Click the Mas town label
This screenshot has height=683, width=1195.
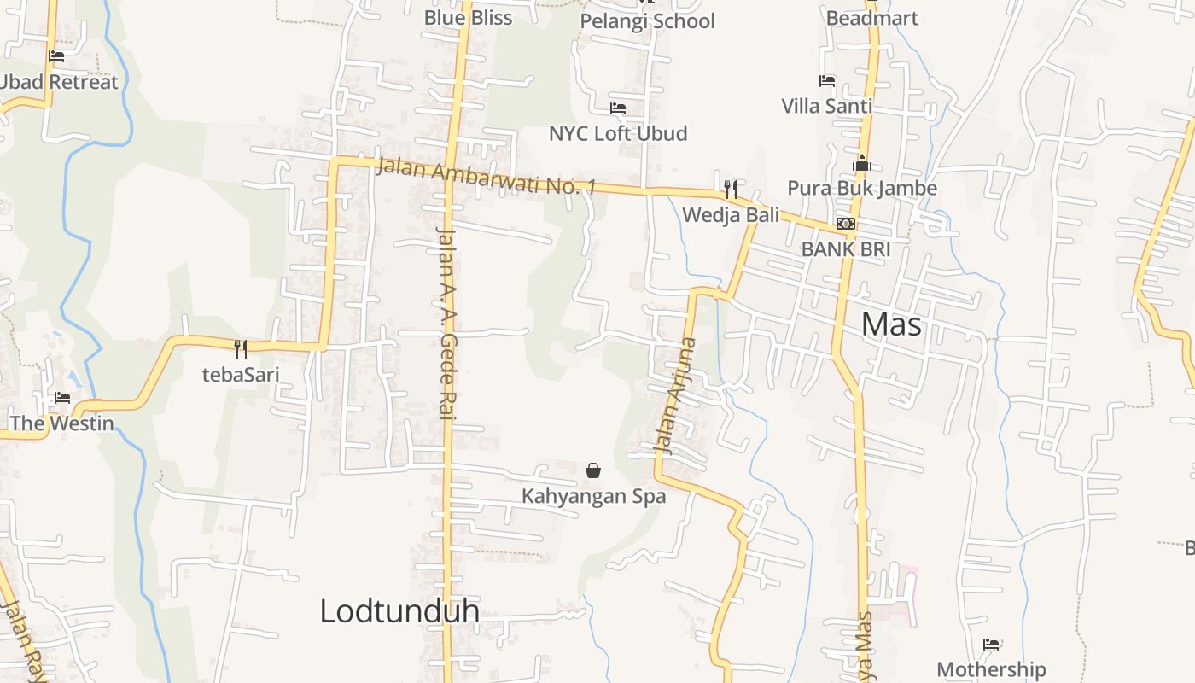(x=891, y=324)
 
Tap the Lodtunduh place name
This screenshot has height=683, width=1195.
(x=399, y=611)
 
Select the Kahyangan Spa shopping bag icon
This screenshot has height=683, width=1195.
(x=593, y=470)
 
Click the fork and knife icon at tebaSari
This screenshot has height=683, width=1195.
(x=241, y=348)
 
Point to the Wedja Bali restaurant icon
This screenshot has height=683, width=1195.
(x=731, y=189)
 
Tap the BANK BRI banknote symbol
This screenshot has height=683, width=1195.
(x=846, y=224)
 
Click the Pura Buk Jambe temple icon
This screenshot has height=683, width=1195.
(x=862, y=163)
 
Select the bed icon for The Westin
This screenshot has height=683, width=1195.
(x=62, y=398)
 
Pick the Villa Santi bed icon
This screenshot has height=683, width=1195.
(x=827, y=81)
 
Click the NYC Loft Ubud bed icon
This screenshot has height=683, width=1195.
(x=618, y=108)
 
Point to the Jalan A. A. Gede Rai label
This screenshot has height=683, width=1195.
(x=446, y=323)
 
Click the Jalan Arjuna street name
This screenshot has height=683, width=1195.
(x=675, y=395)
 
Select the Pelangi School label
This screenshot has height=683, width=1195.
(x=647, y=21)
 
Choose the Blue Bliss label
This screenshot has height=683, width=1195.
(x=468, y=18)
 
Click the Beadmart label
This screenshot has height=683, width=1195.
(x=871, y=18)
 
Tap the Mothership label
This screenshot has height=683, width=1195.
(x=991, y=669)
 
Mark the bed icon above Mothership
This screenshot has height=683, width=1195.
(x=991, y=645)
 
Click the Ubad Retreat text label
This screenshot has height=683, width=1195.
(x=58, y=82)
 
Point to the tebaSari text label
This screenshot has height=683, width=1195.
(x=241, y=374)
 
